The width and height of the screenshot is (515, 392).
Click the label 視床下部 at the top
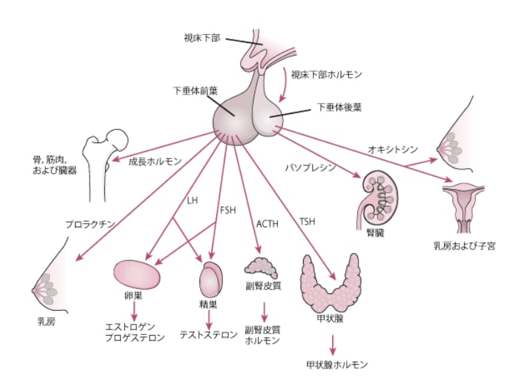pyautogui.click(x=202, y=38)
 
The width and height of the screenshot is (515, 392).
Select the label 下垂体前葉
pyautogui.click(x=195, y=90)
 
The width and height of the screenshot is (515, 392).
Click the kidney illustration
pyautogui.click(x=379, y=197)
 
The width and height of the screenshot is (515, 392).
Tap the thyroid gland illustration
pyautogui.click(x=331, y=284)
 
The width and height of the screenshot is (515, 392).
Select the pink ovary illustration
pyautogui.click(x=138, y=272)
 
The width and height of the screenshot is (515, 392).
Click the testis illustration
pyautogui.click(x=211, y=280)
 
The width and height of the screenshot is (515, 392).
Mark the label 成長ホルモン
pyautogui.click(x=155, y=161)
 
